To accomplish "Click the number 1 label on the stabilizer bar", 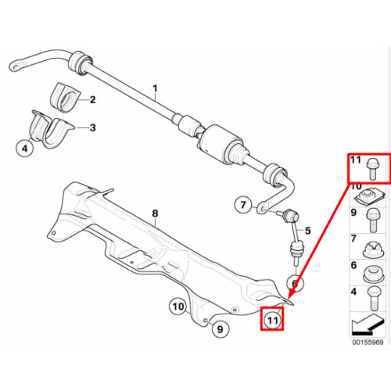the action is click(155, 88).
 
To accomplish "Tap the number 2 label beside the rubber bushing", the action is click(92, 99).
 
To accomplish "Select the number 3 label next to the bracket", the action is click(93, 127).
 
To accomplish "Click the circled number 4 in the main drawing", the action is click(25, 149).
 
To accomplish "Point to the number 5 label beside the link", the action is click(308, 231).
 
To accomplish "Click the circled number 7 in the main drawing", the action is click(243, 205).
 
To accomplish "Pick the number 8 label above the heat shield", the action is click(155, 213).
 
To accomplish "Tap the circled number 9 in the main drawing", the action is click(221, 329).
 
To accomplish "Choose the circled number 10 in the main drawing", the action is click(178, 307).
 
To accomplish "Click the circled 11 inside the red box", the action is click(272, 320).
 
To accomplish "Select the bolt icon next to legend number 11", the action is click(373, 169).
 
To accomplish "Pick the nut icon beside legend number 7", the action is click(373, 249).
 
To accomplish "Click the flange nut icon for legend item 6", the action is click(373, 274).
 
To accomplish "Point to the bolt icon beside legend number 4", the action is click(374, 299).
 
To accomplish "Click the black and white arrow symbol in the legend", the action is click(368, 325).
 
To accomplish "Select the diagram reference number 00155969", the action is click(368, 342).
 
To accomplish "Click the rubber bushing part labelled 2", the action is click(65, 98).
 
